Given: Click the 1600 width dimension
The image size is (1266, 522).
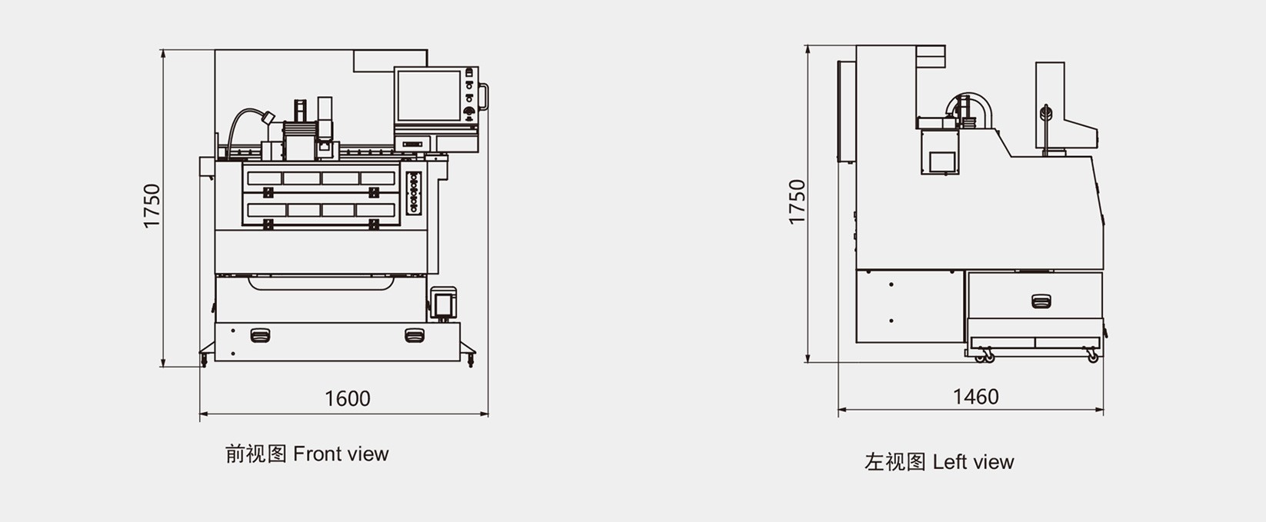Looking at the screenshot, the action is tap(347, 399).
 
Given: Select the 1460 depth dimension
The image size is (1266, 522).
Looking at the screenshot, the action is tap(975, 397).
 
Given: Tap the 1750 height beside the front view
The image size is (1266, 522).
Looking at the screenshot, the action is tap(152, 205).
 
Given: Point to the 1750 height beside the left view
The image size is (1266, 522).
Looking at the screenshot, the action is tap(796, 201).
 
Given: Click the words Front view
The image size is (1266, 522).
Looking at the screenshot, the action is tap(341, 454).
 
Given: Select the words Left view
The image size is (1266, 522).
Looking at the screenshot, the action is tap(973, 462).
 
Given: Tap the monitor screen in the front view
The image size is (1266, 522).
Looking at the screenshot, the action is tap(429, 95).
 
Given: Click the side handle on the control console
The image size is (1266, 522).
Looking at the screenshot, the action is tap(484, 97).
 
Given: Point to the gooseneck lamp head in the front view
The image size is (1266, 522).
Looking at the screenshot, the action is tap(268, 118).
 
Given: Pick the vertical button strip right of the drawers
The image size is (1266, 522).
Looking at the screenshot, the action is tap(414, 193).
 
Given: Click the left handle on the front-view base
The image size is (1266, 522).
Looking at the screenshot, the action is tap(260, 335).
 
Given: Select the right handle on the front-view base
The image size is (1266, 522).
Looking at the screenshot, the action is tap(415, 335).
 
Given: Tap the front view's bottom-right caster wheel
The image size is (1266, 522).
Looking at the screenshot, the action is tap(470, 359).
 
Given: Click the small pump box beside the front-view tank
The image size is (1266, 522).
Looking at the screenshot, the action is tap(443, 304).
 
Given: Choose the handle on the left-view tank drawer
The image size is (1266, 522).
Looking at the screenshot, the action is tap(1041, 301).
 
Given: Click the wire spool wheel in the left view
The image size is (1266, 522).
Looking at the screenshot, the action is tap(1045, 114).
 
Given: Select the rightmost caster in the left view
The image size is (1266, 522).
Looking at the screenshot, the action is tap(1093, 357).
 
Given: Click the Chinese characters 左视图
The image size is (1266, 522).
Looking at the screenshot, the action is tap(895, 462).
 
